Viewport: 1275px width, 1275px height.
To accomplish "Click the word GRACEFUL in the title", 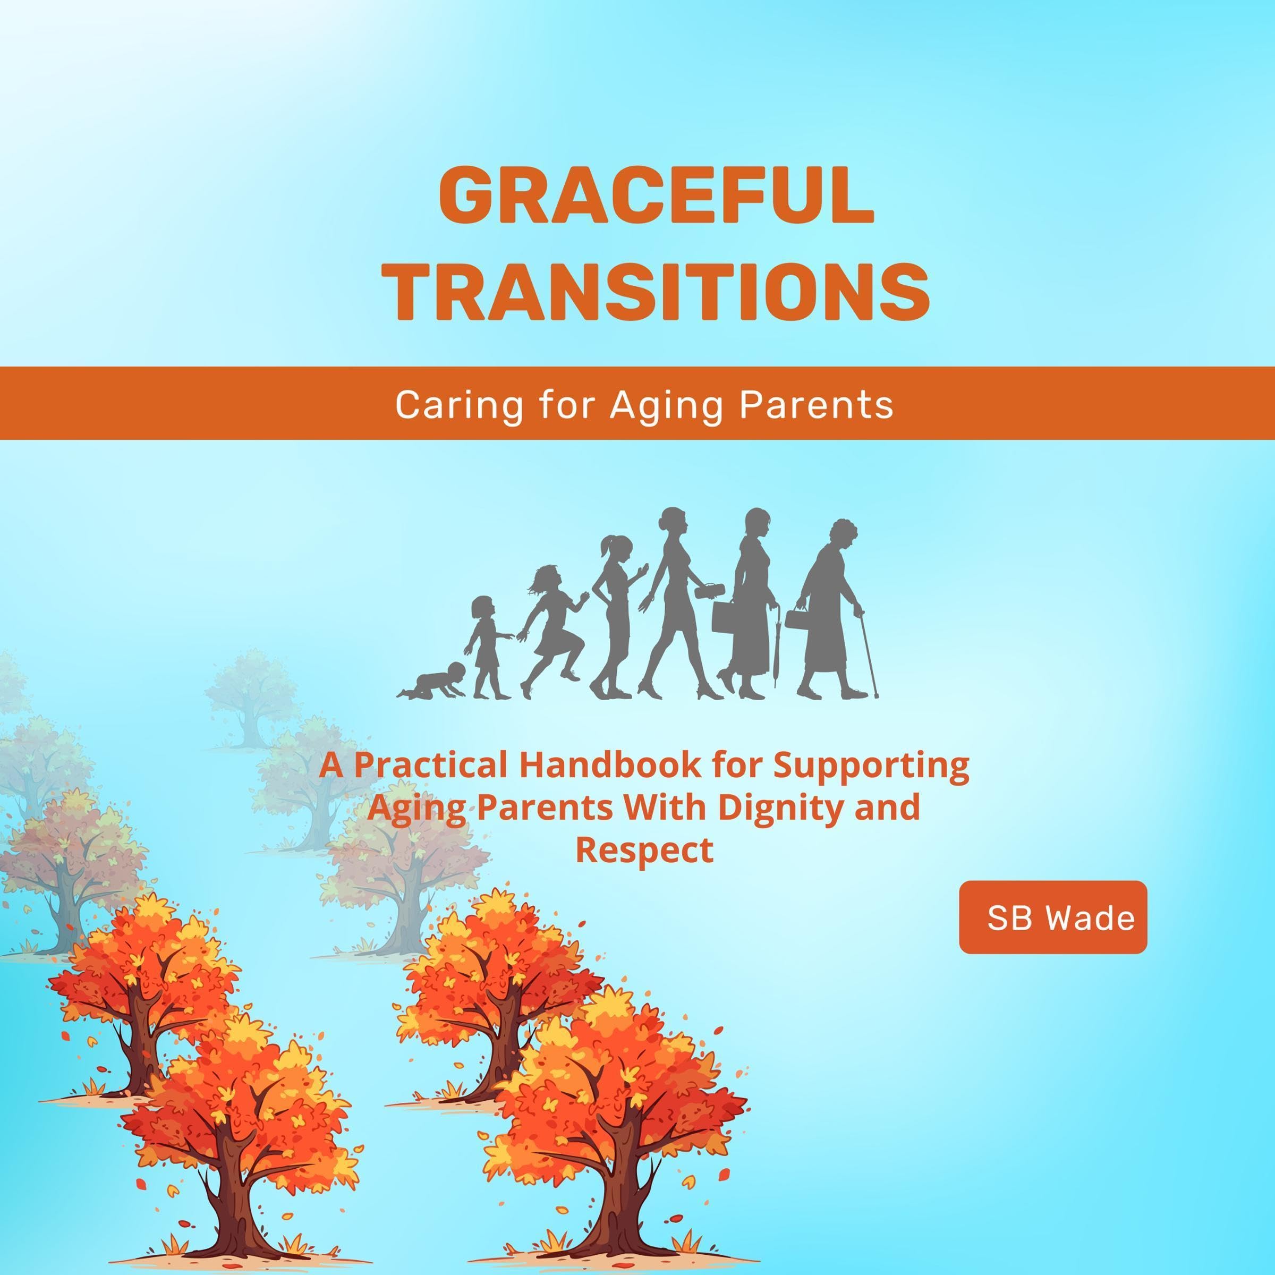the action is pyautogui.click(x=657, y=196).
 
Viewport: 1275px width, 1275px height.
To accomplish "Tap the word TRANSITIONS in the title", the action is pyautogui.click(x=660, y=291).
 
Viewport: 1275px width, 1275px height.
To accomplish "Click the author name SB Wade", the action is pyautogui.click(x=1060, y=917).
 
